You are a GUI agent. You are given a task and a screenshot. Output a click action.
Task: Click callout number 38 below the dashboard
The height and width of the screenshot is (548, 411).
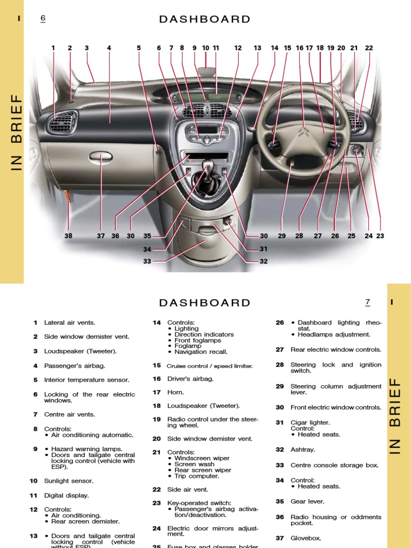pyautogui.click(x=68, y=236)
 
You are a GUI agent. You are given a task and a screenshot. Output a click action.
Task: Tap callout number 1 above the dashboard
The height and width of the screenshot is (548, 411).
pyautogui.click(x=54, y=48)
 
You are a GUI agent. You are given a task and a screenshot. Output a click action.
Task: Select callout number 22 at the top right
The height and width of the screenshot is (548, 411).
pyautogui.click(x=369, y=48)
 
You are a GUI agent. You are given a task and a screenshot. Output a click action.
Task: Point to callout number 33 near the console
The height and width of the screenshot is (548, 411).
pyautogui.click(x=147, y=262)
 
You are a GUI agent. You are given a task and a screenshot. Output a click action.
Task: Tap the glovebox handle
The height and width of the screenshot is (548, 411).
pyautogui.click(x=101, y=157)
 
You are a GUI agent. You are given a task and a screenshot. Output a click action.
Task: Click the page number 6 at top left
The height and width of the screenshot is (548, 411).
pyautogui.click(x=43, y=19)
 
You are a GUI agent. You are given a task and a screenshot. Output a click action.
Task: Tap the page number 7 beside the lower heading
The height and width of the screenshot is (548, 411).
pyautogui.click(x=368, y=302)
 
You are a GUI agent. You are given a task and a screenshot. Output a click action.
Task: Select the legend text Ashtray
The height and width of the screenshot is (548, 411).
pyautogui.click(x=303, y=450)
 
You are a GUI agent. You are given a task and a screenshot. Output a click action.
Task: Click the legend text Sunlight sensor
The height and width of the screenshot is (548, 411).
pyautogui.click(x=68, y=481)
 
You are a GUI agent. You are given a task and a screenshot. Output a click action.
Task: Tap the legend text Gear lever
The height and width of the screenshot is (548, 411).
pyautogui.click(x=307, y=502)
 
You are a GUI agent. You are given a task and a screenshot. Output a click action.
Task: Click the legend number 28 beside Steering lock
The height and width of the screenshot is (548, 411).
pyautogui.click(x=280, y=365)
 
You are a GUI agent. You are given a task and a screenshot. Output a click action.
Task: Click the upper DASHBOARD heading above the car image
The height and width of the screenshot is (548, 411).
pyautogui.click(x=205, y=20)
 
